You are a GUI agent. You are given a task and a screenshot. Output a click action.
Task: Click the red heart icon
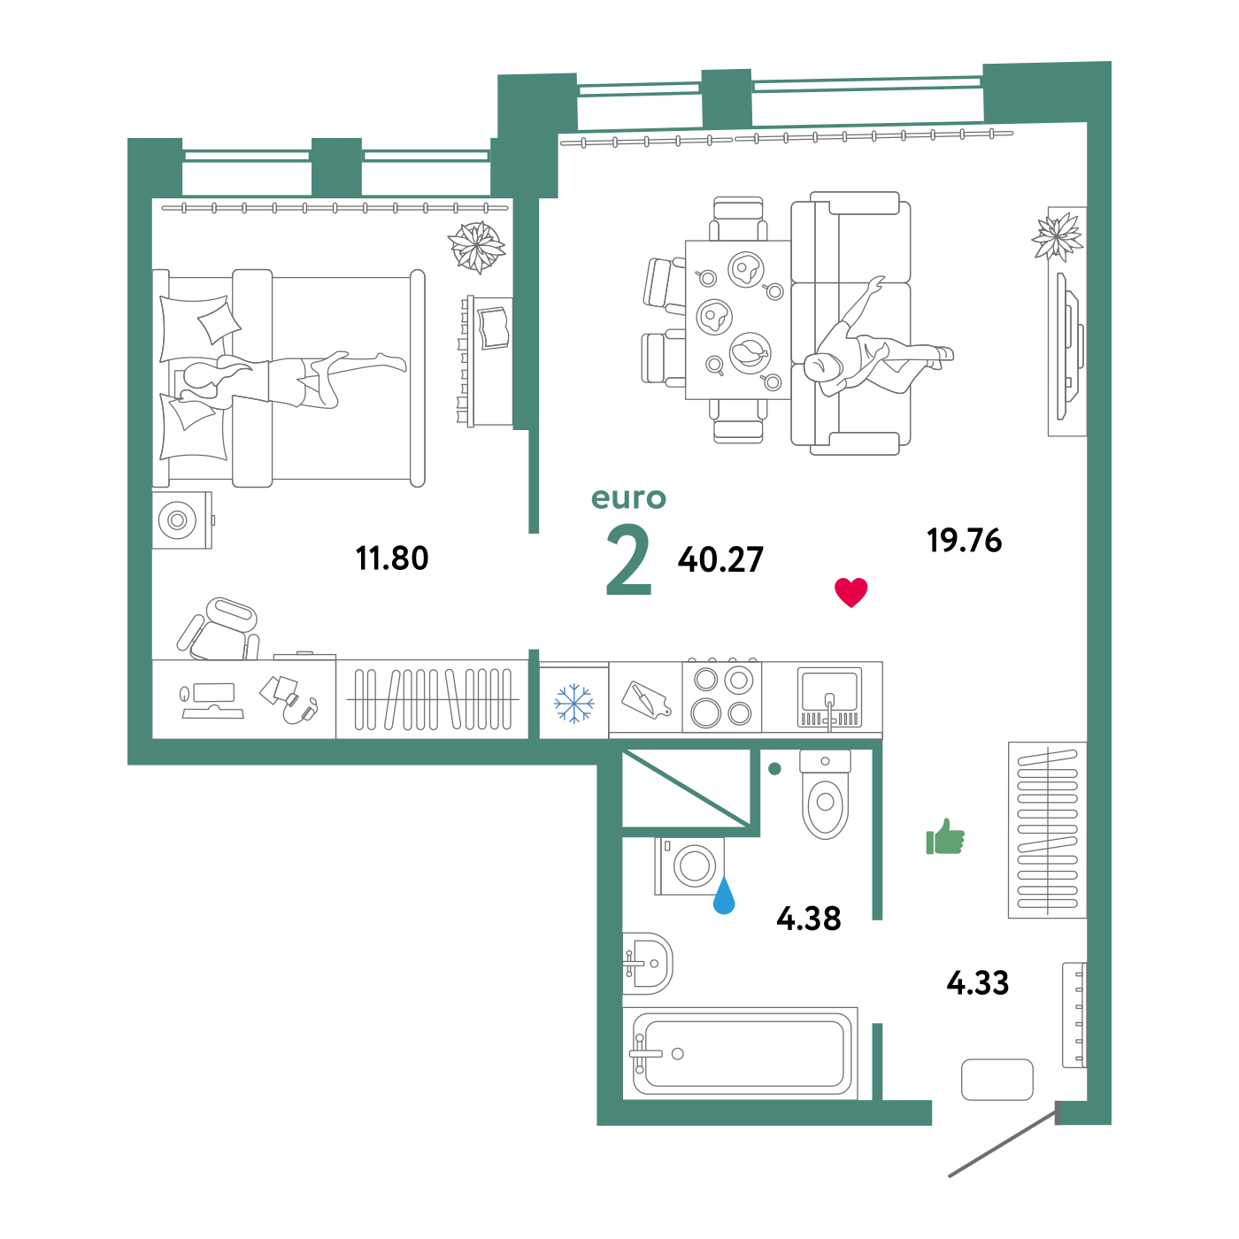coord(851,592)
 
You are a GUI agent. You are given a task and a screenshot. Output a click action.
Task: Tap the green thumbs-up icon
coord(944,837)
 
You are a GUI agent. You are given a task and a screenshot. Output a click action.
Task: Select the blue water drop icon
coord(724,897)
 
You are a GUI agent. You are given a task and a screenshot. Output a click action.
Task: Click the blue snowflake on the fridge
coord(573,704)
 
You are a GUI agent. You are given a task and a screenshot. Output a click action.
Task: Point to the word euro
coord(628,498)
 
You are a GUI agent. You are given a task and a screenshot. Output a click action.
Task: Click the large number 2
coord(628,561)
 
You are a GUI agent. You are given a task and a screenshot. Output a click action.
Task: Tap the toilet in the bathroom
coord(825,795)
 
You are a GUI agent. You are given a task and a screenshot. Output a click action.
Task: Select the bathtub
coord(742,1053)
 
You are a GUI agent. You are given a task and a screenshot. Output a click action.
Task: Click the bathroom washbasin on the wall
coord(647,963)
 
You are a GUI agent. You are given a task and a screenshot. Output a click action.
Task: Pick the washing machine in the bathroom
coord(689,866)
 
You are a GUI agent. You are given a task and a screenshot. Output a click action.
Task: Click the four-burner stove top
coord(722,697)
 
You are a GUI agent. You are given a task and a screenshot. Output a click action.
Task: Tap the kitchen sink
coord(829,696)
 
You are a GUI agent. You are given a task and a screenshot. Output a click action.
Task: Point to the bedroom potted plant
coord(477,246)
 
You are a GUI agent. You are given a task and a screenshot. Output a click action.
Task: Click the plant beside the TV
coord(1058,236)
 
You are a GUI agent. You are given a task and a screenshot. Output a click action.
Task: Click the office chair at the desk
coord(221,629)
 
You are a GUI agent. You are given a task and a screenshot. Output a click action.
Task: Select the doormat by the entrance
coord(997,1080)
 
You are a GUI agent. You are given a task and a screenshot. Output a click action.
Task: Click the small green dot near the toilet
coord(774,768)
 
